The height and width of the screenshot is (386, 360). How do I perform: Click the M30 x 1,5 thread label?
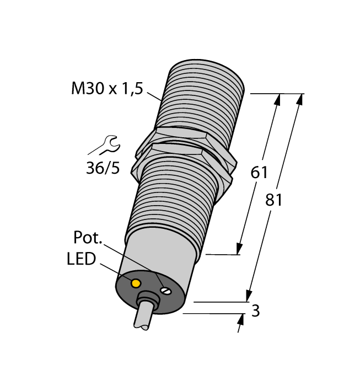pyautogui.click(x=107, y=88)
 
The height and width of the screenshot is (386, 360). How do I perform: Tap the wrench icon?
pyautogui.click(x=104, y=146)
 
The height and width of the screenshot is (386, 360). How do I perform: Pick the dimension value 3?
pyautogui.click(x=255, y=310)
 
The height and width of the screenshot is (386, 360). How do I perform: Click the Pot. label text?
pyautogui.click(x=88, y=238)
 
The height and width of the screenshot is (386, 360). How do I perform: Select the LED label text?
pyautogui.click(x=81, y=259)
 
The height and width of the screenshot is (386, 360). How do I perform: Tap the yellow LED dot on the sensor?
pyautogui.click(x=135, y=283)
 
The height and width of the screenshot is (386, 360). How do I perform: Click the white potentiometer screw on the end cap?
pyautogui.click(x=164, y=289)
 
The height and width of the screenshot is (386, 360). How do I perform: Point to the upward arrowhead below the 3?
pyautogui.click(x=241, y=319)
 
